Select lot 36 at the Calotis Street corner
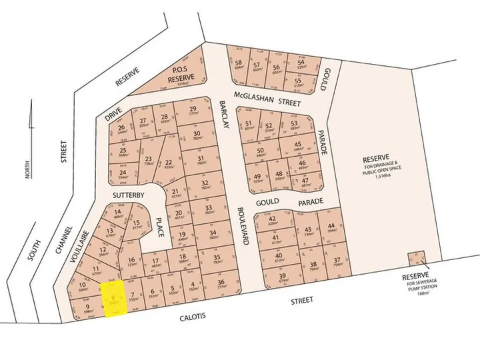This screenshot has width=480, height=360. (x=221, y=284)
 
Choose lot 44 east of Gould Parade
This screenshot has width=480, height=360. (x=331, y=228)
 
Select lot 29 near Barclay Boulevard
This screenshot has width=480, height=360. (x=193, y=112)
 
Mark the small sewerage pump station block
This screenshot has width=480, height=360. (x=416, y=259)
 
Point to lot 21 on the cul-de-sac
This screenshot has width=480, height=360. (x=175, y=193)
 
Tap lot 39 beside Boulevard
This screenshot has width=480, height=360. (x=283, y=278)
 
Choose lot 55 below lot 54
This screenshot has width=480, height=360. (x=299, y=83)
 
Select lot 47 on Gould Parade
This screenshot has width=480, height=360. (x=305, y=181)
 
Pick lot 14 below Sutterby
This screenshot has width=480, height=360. (x=118, y=213)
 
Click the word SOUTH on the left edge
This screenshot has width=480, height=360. (x=31, y=254)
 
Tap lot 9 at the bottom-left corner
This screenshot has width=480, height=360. (x=87, y=308)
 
